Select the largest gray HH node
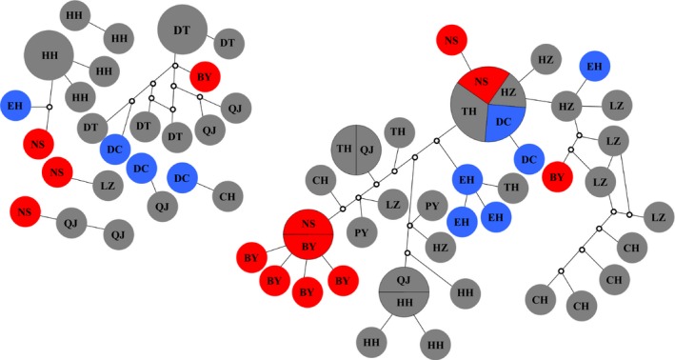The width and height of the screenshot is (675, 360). pyautogui.click(x=48, y=56)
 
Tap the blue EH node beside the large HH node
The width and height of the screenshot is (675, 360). pyautogui.click(x=15, y=106)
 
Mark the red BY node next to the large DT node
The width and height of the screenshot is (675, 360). pyautogui.click(x=204, y=76)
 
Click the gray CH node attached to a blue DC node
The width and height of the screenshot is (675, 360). pyautogui.click(x=228, y=196)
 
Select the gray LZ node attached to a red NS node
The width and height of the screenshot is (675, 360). pyautogui.click(x=104, y=187)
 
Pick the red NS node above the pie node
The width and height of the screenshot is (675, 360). pyautogui.click(x=452, y=41)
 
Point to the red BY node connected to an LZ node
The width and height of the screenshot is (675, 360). pyautogui.click(x=555, y=176)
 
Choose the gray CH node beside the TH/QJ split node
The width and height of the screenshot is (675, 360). pyautogui.click(x=320, y=179)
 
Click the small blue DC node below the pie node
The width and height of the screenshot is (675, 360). pyautogui.click(x=527, y=160)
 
